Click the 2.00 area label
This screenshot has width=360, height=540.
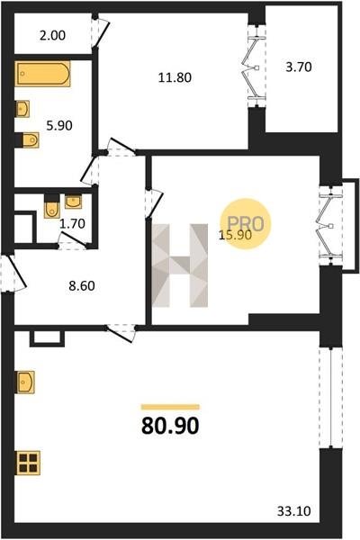(52, 35)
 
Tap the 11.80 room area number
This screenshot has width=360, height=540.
(175, 77)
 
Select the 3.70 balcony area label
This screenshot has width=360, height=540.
(299, 67)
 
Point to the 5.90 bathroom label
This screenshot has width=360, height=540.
(59, 125)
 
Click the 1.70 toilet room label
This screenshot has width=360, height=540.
(72, 223)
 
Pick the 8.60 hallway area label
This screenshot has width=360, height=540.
(82, 285)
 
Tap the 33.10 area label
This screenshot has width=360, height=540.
(294, 510)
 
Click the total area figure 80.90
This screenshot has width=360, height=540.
(170, 426)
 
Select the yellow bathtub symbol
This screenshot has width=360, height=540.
(42, 74)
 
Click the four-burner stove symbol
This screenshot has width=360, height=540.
(28, 463)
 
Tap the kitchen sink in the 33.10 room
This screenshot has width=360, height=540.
(25, 382)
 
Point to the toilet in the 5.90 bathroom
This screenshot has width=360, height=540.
(30, 140)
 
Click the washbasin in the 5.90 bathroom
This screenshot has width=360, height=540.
(22, 109)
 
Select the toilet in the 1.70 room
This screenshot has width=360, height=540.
(51, 206)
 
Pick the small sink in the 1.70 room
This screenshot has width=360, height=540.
(73, 202)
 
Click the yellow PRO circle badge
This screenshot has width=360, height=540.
(246, 224)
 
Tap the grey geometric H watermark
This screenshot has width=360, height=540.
(179, 265)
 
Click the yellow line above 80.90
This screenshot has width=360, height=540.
(170, 407)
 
